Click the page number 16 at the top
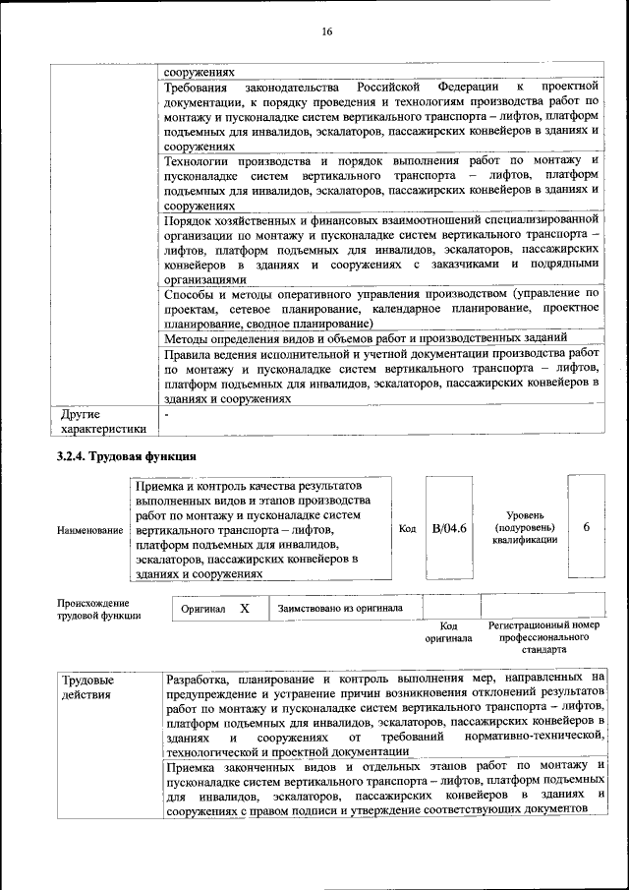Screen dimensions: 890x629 coord(326,32)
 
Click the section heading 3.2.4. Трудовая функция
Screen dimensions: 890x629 coord(126,456)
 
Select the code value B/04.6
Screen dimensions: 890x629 coord(449,529)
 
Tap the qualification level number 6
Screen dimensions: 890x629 coord(586,527)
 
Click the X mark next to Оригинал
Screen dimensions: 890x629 coord(244,609)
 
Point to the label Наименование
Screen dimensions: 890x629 coord(89,530)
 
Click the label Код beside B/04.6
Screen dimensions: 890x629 coord(407,529)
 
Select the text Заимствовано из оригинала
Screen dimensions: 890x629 coord(340,608)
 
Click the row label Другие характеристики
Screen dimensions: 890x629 coord(102,421)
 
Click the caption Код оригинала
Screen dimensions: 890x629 coord(448,631)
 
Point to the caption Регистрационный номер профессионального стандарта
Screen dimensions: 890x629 coord(543,637)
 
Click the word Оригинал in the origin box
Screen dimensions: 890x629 coord(203,610)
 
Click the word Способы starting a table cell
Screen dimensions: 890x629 coord(191,294)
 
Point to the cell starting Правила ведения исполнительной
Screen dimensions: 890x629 coord(381,377)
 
